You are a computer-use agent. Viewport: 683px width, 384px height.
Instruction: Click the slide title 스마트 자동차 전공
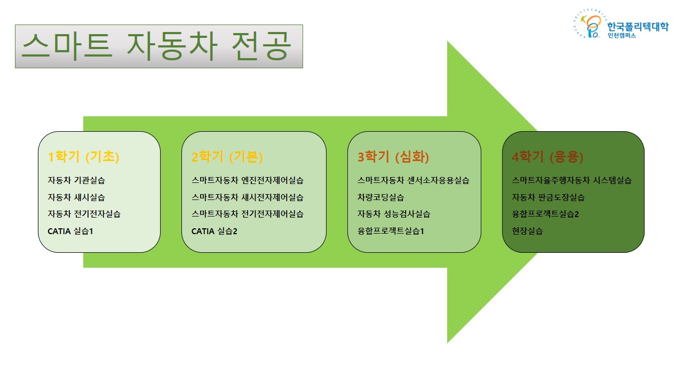click(157, 46)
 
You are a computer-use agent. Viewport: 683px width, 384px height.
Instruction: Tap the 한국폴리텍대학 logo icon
click(590, 24)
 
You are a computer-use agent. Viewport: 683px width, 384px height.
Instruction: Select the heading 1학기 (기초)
click(84, 157)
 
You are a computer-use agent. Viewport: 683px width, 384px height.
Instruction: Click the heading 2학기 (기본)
click(227, 157)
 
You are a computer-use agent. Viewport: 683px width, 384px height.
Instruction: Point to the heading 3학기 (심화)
click(393, 157)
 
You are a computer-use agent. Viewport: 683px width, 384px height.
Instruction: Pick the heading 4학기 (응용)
click(547, 157)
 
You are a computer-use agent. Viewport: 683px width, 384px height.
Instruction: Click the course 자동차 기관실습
click(76, 180)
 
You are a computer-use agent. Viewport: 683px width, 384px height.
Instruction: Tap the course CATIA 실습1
click(70, 231)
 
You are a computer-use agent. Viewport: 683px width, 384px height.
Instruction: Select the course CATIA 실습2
click(215, 231)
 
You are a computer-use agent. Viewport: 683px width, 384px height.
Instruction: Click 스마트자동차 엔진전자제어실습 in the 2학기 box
click(248, 180)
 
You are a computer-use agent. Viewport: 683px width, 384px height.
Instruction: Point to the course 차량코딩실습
click(380, 197)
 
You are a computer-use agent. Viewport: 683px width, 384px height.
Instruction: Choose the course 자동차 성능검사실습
click(394, 214)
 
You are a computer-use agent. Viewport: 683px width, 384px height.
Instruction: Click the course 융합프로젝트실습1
click(391, 231)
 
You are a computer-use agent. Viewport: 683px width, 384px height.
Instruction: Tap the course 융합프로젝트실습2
click(545, 214)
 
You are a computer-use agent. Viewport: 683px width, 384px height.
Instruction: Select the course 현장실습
click(527, 231)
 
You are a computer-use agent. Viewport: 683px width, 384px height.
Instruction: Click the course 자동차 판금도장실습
click(548, 197)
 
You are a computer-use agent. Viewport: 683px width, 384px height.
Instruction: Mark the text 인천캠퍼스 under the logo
click(622, 35)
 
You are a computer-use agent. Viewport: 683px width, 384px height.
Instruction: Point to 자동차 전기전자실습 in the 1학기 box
click(84, 214)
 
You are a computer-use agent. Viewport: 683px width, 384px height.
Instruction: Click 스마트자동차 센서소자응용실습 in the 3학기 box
click(413, 180)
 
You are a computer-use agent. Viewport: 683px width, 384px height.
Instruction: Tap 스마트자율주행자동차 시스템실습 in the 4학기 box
click(571, 180)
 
